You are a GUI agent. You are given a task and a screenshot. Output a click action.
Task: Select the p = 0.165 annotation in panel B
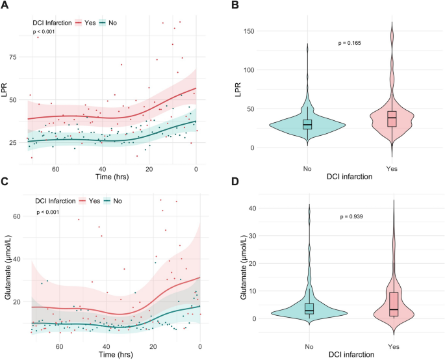pos(350,43)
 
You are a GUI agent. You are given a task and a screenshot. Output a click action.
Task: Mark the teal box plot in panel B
pos(307,123)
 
